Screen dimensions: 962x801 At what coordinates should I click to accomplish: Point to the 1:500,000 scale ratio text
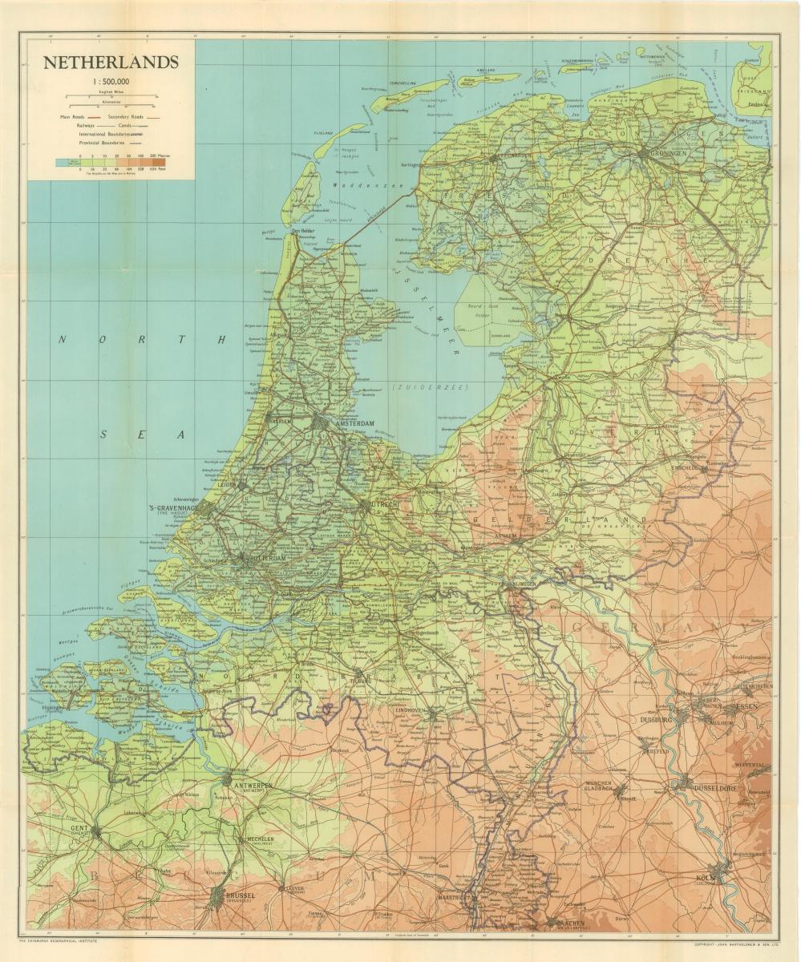[x=111, y=81]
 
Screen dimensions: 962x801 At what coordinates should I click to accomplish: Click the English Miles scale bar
[x=111, y=97]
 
